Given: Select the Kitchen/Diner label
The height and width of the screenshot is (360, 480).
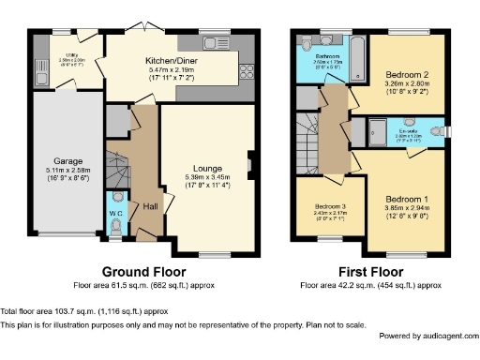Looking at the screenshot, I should tap(170, 61).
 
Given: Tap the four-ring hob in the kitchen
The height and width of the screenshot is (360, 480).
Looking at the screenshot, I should tap(249, 72).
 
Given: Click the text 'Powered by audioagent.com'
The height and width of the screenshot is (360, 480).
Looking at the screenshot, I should tap(427, 336).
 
